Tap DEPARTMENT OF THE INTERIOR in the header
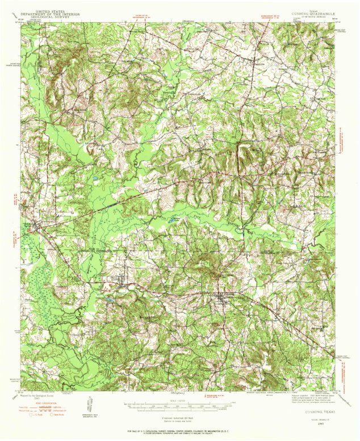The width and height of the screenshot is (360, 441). [49, 14]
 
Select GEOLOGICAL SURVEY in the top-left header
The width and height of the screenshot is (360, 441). [49, 16]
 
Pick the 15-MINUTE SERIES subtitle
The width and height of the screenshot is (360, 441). [314, 16]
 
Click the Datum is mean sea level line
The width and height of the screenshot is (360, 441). [180, 421]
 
